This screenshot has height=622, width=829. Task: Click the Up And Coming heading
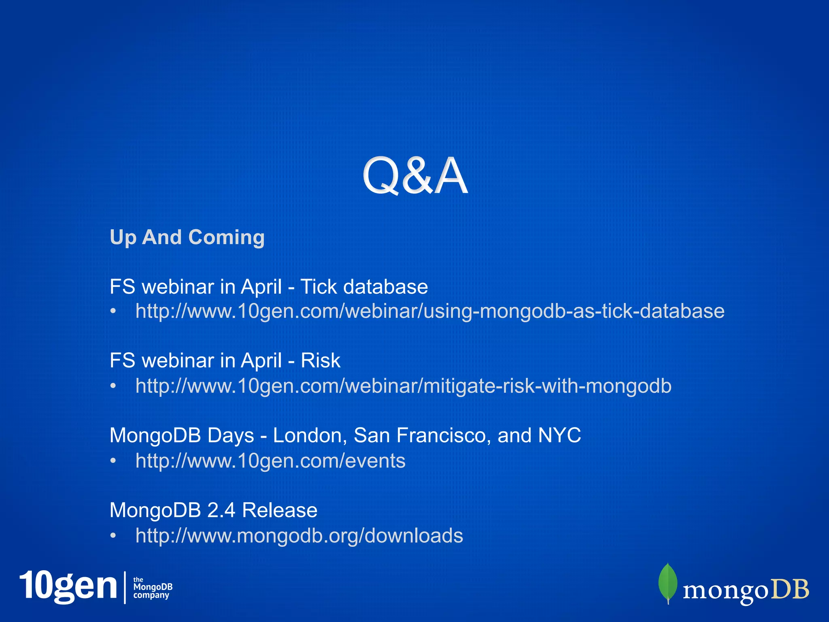point(187,237)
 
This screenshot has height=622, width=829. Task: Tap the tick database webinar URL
point(429,311)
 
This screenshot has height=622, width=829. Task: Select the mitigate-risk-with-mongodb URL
point(403,386)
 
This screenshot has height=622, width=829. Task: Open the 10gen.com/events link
point(270,461)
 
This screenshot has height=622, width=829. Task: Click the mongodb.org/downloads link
point(299,536)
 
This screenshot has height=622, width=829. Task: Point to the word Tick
point(318,287)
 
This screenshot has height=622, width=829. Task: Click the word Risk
point(320,360)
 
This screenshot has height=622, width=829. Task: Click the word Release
point(280,510)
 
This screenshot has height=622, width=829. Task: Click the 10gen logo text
point(68,586)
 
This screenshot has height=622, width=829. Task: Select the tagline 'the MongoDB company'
point(153,588)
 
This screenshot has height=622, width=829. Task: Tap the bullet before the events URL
point(113,461)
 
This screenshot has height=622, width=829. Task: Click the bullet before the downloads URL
point(113,536)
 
